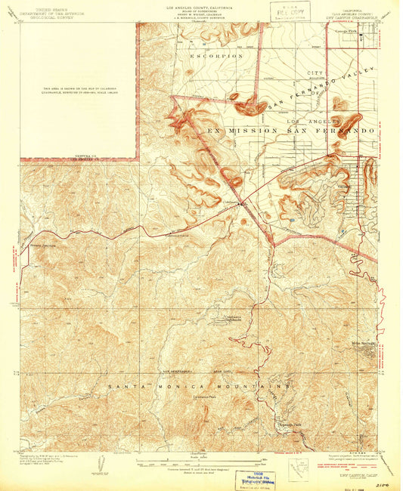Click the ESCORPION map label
(x=218, y=56)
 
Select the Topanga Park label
(x=290, y=424)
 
